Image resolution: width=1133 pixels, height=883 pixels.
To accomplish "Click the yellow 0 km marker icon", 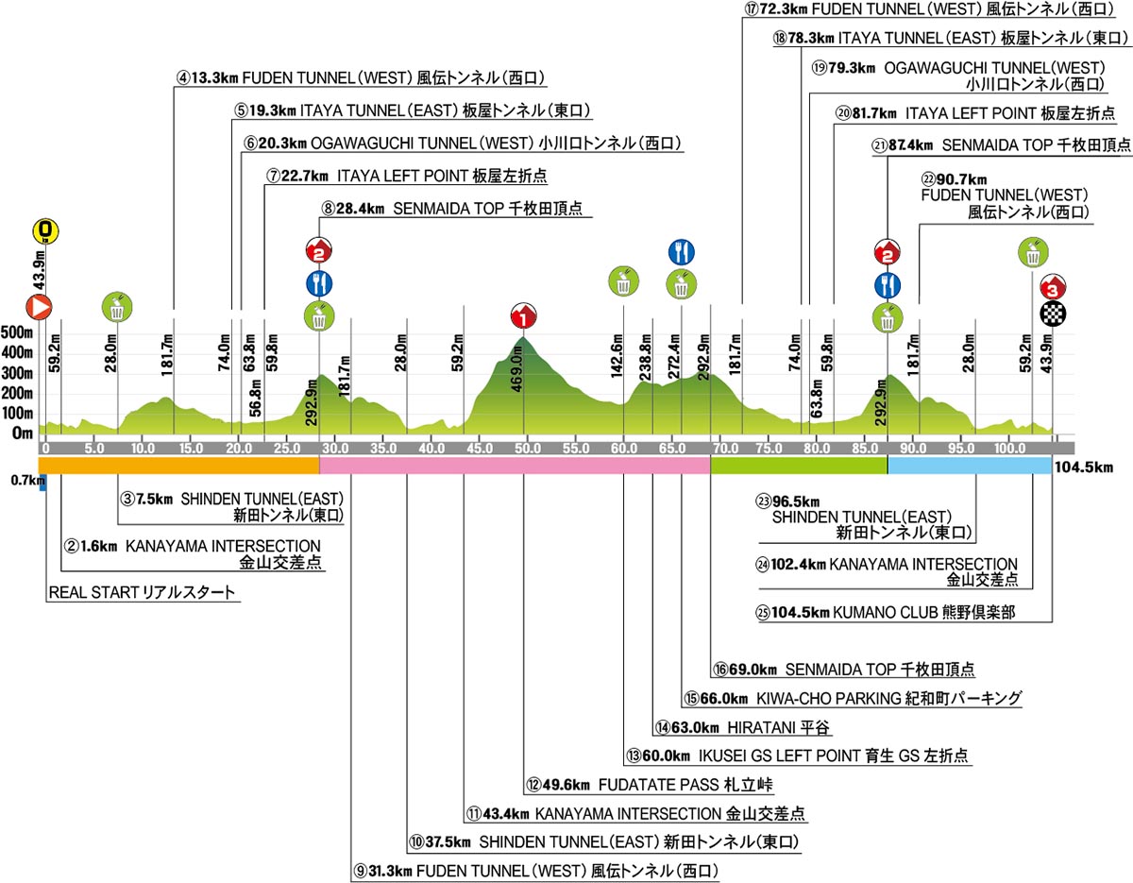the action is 46,231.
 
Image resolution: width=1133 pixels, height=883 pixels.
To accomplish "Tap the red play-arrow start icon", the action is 39,307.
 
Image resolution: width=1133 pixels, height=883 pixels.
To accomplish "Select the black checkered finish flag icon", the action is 1053,314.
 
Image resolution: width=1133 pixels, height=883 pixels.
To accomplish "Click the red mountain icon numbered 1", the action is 523,315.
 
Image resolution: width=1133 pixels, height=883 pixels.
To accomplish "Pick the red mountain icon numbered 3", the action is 1053,286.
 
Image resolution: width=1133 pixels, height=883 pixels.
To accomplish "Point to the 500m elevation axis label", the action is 17,332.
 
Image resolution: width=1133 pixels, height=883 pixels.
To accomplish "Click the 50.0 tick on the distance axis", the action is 527,449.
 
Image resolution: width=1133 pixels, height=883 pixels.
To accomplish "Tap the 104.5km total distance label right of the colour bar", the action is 1084,467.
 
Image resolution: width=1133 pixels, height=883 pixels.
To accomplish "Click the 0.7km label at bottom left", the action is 27,480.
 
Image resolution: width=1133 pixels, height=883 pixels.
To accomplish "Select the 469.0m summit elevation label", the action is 517,372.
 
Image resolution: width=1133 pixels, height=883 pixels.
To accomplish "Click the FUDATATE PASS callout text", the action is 650,785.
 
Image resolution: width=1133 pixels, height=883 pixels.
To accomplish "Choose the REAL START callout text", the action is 142,592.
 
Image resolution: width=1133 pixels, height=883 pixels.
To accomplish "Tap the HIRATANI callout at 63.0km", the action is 742,727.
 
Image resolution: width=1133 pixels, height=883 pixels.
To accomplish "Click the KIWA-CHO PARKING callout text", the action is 853,698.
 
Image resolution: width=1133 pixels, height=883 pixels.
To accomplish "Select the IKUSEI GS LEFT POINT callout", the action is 797,756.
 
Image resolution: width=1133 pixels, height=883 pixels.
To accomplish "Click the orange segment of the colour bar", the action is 178,466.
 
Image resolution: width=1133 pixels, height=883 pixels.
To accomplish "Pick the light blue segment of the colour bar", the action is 970,466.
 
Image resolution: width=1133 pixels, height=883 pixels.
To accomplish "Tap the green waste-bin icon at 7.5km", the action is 117,307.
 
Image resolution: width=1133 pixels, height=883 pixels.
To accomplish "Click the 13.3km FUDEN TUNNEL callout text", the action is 361,78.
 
